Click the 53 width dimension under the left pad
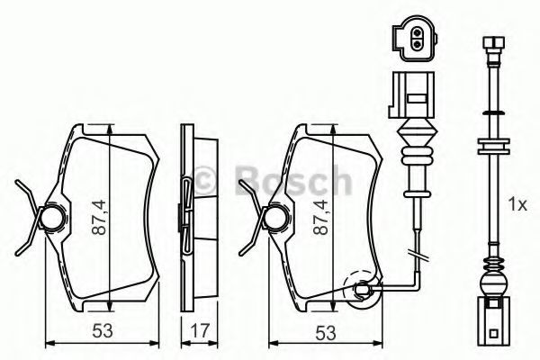(103, 330)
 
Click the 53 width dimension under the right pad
(326, 332)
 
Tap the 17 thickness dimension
(200, 330)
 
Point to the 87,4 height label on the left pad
(100, 218)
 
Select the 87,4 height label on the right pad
(322, 218)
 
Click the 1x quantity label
(517, 205)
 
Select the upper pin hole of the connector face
(418, 33)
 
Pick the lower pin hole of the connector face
(418, 44)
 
